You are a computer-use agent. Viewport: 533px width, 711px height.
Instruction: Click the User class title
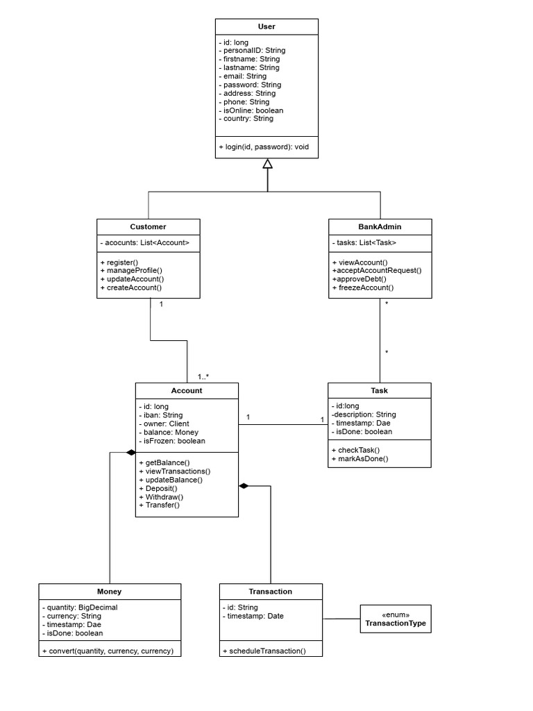pyautogui.click(x=266, y=26)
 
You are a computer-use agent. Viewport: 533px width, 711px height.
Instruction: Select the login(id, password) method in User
pyautogui.click(x=263, y=147)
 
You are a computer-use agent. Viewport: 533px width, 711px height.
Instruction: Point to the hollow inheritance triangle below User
pyautogui.click(x=267, y=164)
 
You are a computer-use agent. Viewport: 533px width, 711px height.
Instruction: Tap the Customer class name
pyautogui.click(x=148, y=227)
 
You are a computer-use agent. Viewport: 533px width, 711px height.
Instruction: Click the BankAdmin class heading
pyautogui.click(x=380, y=227)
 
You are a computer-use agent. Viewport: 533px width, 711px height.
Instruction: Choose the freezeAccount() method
pyautogui.click(x=363, y=287)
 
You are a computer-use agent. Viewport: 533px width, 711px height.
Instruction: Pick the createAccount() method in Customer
pyautogui.click(x=131, y=287)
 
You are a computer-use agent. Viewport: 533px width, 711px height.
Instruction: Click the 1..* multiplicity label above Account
pyautogui.click(x=203, y=376)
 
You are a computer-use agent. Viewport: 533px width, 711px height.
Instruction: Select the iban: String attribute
pyautogui.click(x=161, y=415)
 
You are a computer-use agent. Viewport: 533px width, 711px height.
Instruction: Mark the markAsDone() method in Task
pyautogui.click(x=360, y=458)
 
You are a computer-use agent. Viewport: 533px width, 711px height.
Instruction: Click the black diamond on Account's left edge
pyautogui.click(x=130, y=452)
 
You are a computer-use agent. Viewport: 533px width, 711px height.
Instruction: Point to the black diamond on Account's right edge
pyautogui.click(x=244, y=485)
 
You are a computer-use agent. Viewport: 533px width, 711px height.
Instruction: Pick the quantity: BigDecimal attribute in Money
pyautogui.click(x=80, y=608)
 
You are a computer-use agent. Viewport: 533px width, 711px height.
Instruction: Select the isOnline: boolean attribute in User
pyautogui.click(x=251, y=110)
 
